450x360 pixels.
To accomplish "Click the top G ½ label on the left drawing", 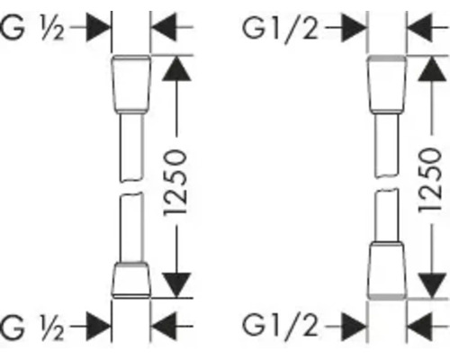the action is [x=32, y=28].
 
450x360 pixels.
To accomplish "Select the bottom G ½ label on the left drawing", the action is [x=32, y=327].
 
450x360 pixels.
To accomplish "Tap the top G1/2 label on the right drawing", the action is [x=281, y=29].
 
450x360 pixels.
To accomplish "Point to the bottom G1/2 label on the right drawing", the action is [x=281, y=327].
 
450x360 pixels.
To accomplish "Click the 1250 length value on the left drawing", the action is [x=175, y=183].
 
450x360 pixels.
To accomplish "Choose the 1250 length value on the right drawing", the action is [x=430, y=181].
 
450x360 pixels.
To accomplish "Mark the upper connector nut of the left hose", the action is [x=130, y=84].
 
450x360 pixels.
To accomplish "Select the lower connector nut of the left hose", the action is [x=130, y=280].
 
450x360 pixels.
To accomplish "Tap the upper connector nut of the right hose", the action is [x=387, y=84].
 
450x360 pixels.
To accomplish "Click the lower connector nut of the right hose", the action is [x=387, y=270].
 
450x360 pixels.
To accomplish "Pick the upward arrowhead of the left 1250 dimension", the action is [x=176, y=69].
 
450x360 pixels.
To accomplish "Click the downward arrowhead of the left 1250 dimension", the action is [x=176, y=285].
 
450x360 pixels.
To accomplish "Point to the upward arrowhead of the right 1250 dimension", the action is [x=432, y=69].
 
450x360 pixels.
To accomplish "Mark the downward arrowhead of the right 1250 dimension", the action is [x=432, y=285].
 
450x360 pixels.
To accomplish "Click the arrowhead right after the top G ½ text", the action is [x=98, y=27].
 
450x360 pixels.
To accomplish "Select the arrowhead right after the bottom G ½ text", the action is [x=98, y=326].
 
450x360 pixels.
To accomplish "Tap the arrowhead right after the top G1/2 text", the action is [x=354, y=27].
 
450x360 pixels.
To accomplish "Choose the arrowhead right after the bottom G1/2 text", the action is [x=354, y=327].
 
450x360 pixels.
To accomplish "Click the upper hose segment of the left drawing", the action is [x=130, y=148].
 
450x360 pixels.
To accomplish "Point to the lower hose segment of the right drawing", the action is [x=387, y=215].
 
